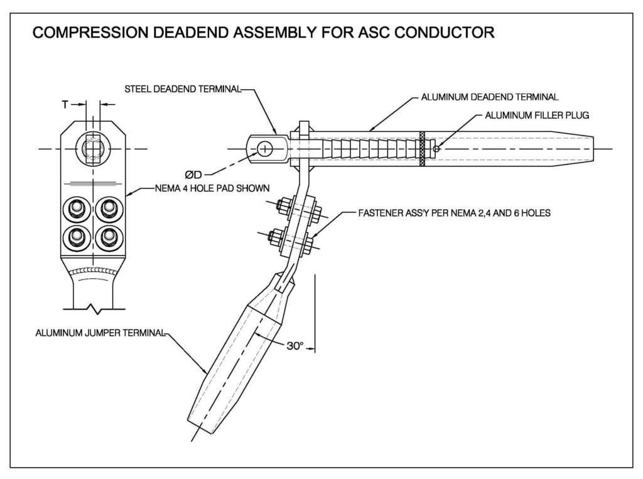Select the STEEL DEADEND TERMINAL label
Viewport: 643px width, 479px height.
(x=183, y=89)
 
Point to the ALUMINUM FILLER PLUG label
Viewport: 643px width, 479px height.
(x=537, y=116)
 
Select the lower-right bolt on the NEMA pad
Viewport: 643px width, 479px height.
(x=111, y=236)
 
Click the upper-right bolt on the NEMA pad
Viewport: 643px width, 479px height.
(x=111, y=207)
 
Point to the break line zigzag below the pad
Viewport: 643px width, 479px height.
(x=93, y=309)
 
